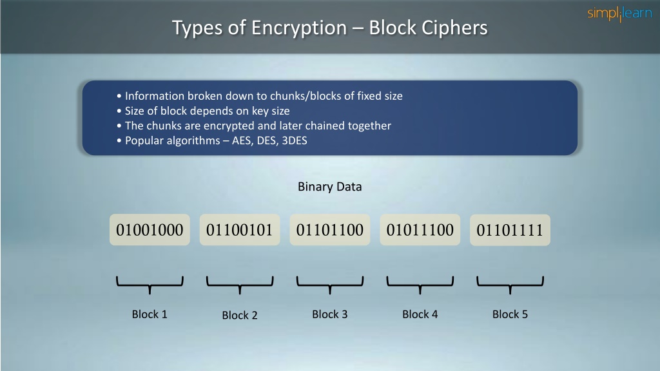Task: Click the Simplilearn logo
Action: [x=619, y=14]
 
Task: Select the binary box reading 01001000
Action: [x=150, y=230]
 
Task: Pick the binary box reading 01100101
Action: [x=240, y=230]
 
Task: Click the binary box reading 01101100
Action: [x=329, y=230]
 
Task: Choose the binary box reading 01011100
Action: [x=420, y=230]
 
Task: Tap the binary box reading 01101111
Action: [x=510, y=230]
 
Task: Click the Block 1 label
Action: [x=150, y=314]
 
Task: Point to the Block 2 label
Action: [x=240, y=315]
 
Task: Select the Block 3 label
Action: [x=329, y=314]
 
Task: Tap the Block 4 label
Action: [x=420, y=314]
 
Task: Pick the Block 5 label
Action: [x=510, y=314]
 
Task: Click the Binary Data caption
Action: [x=329, y=187]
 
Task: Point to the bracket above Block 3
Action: [x=329, y=285]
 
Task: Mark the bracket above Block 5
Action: [x=510, y=285]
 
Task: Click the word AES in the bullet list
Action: [x=242, y=140]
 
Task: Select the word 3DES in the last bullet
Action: [x=294, y=140]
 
